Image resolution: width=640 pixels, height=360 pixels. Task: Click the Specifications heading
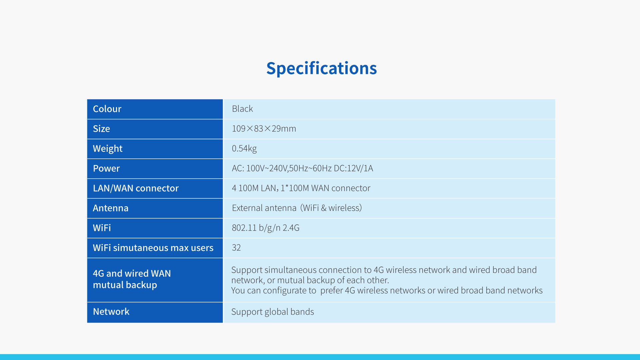tap(321, 69)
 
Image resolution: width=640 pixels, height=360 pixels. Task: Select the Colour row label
tap(107, 109)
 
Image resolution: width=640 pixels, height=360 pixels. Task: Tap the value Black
tap(242, 109)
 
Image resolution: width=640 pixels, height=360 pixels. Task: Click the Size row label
tap(101, 129)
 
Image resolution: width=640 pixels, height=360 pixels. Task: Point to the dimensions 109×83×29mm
tap(264, 129)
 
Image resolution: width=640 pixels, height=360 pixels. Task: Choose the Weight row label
tap(108, 149)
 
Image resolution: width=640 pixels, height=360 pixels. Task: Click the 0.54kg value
tap(244, 149)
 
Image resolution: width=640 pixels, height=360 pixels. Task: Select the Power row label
tap(106, 168)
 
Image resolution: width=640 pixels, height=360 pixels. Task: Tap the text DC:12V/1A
tap(353, 168)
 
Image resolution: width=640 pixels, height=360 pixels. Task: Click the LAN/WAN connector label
tap(136, 188)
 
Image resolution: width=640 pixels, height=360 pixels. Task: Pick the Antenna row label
tap(111, 208)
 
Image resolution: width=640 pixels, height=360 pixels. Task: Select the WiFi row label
tap(102, 228)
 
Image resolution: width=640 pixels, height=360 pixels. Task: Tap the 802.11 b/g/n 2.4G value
tap(266, 228)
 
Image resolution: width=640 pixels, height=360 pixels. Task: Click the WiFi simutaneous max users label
tap(153, 248)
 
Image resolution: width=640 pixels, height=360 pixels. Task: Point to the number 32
tap(236, 248)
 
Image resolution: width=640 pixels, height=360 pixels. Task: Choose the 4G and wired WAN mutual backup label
tap(132, 279)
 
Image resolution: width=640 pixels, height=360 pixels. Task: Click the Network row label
tap(111, 312)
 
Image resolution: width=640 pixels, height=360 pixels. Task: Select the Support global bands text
tap(273, 312)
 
